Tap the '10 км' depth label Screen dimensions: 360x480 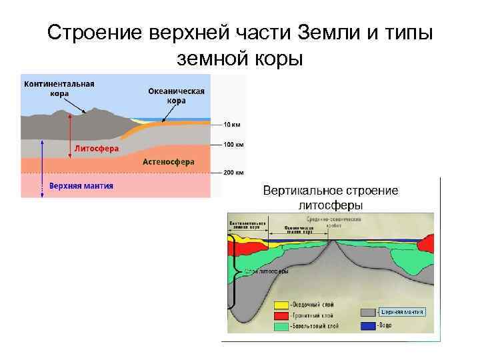[232, 124]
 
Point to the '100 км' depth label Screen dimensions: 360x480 [233, 144]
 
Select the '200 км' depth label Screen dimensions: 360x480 [233, 172]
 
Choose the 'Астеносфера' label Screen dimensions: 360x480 [169, 161]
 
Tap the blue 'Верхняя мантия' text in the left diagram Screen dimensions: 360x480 [81, 186]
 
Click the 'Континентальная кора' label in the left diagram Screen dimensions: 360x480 [59, 89]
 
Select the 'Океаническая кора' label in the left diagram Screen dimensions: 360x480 [177, 96]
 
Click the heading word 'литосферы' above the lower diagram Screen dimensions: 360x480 [331, 205]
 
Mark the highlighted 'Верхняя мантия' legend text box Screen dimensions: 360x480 [401, 311]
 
